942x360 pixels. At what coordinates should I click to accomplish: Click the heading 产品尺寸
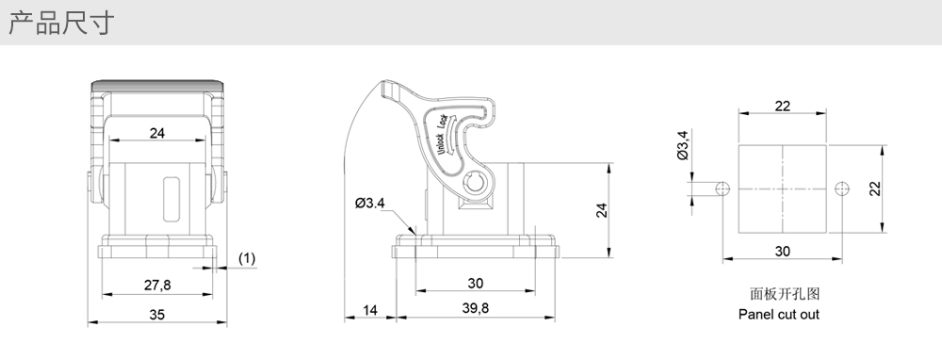pyautogui.click(x=60, y=23)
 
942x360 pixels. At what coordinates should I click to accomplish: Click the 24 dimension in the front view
pyautogui.click(x=156, y=133)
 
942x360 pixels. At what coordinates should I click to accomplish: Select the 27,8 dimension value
pyautogui.click(x=157, y=285)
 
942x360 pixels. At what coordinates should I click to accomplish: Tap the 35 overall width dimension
pyautogui.click(x=156, y=315)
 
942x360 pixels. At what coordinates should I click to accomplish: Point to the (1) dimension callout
pyautogui.click(x=247, y=258)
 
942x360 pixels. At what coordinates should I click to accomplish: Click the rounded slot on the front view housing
pyautogui.click(x=171, y=199)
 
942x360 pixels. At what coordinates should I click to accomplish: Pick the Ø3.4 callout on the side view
pyautogui.click(x=369, y=204)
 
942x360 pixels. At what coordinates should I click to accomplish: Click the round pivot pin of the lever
pyautogui.click(x=475, y=182)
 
